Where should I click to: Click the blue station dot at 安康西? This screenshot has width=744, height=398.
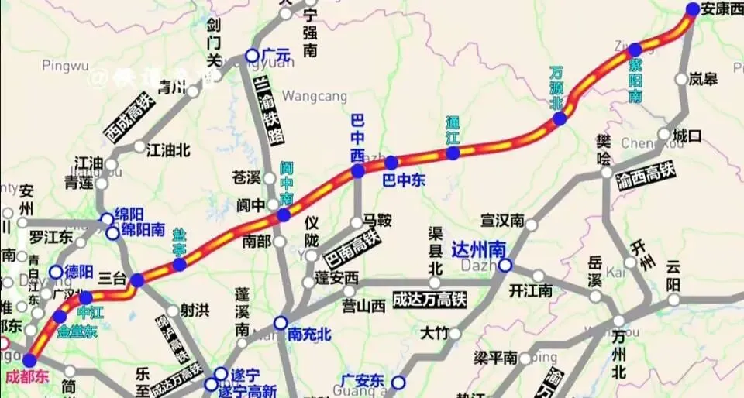[x=692, y=9]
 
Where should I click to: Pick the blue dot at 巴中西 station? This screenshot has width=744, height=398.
[x=357, y=171]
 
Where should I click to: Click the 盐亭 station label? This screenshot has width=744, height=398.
[x=179, y=241]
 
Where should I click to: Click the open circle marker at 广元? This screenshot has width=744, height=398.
[x=253, y=55]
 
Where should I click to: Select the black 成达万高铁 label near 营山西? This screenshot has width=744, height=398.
[x=429, y=299]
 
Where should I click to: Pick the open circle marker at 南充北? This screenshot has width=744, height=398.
[x=281, y=322]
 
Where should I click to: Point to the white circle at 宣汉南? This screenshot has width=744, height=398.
[x=531, y=225]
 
